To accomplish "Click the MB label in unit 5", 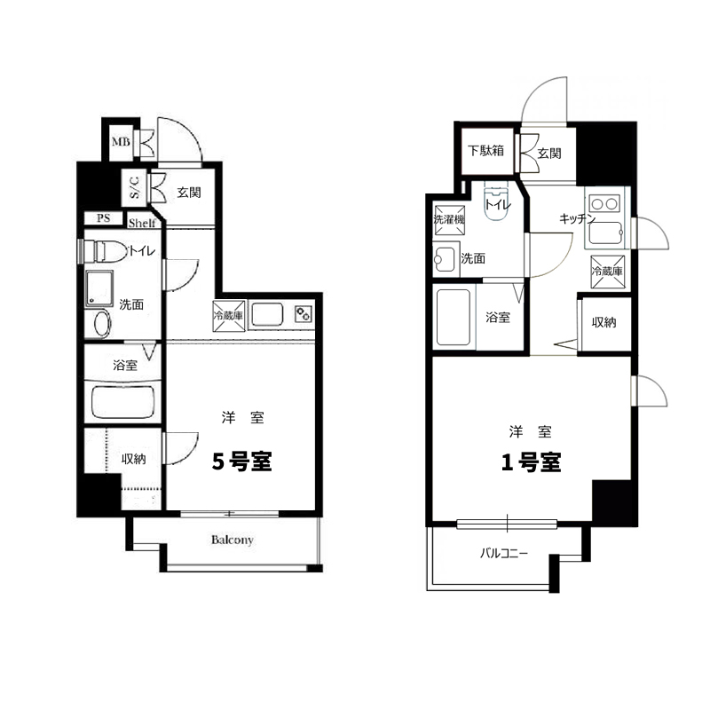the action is point(121,142).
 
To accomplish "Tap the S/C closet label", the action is point(135,187).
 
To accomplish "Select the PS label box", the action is point(103,217).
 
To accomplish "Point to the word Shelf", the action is point(142,223).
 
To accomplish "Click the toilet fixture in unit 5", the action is point(106,251).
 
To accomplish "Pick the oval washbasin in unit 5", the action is point(103,323).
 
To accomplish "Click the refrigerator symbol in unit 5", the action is point(229,316).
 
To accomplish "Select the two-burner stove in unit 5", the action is point(303,313).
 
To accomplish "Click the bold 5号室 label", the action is point(241,461).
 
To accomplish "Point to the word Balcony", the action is point(232,540).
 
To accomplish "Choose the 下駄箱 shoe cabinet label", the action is point(485,150).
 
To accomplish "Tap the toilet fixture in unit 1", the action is point(497,201).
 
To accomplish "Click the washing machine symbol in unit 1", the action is point(449,220).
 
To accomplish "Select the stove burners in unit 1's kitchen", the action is point(604,204).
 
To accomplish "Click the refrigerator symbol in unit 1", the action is point(607,272).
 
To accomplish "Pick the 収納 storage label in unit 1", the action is point(604,322).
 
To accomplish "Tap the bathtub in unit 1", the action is point(454,318).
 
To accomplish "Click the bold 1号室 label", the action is point(531,461).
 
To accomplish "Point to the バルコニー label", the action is point(504,553).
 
